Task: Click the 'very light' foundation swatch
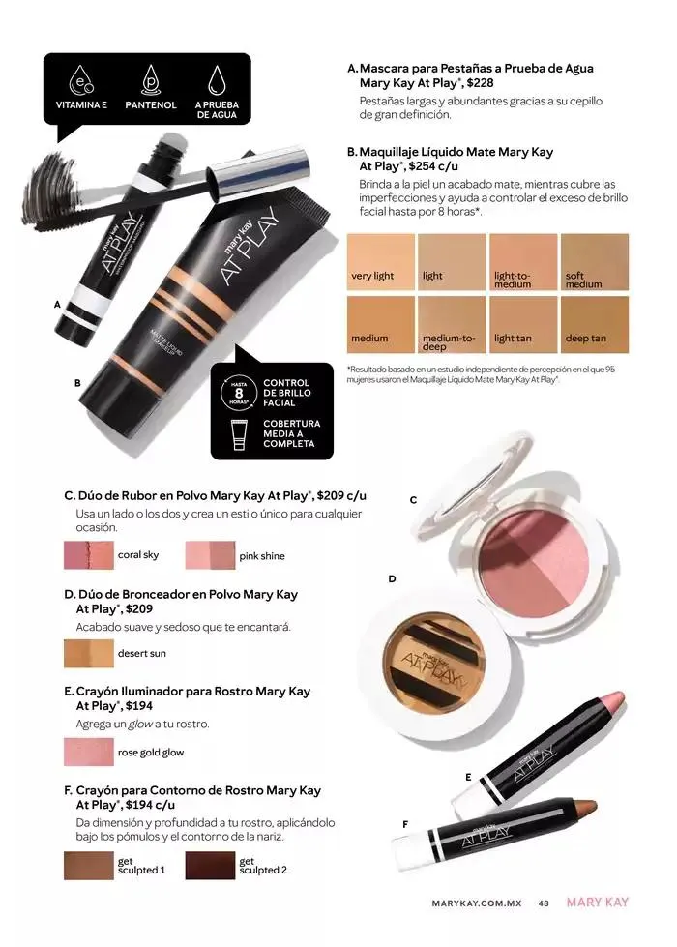381,261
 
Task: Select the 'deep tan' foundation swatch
595,323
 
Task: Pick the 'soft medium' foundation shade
595,261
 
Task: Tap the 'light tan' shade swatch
523,323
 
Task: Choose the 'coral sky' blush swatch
88,555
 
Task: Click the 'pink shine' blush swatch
210,555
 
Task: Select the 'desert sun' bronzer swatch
88,654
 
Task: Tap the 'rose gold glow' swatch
88,752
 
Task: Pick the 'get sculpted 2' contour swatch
210,865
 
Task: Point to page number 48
544,903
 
